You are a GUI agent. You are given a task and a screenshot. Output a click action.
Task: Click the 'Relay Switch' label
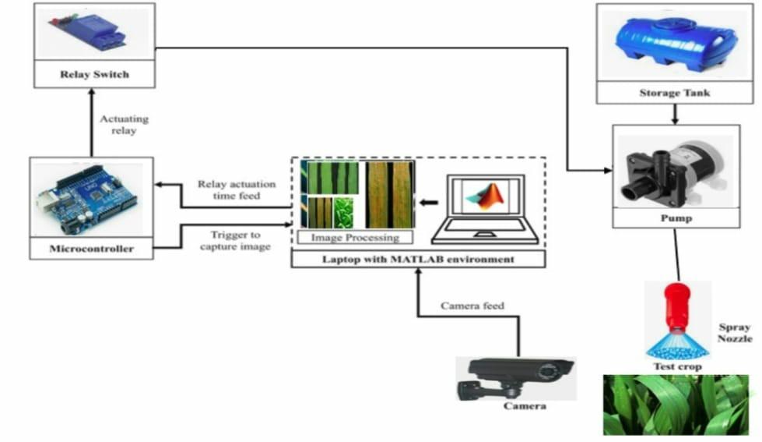[93, 76]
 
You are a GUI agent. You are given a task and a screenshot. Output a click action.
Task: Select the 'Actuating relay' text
[124, 125]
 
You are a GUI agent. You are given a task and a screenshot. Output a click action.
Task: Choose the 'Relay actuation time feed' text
[236, 190]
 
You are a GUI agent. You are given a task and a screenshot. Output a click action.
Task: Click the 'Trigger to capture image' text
[235, 241]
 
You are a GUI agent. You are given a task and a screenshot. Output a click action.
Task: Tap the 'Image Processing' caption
[354, 237]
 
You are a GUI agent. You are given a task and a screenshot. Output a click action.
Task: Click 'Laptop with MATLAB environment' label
[419, 258]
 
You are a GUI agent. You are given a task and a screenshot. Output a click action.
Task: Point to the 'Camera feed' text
[472, 306]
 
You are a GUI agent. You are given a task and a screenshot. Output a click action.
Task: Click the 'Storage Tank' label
[675, 93]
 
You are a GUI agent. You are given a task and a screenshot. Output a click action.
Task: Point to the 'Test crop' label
[676, 366]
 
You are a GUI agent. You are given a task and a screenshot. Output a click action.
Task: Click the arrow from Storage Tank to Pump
[675, 114]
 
